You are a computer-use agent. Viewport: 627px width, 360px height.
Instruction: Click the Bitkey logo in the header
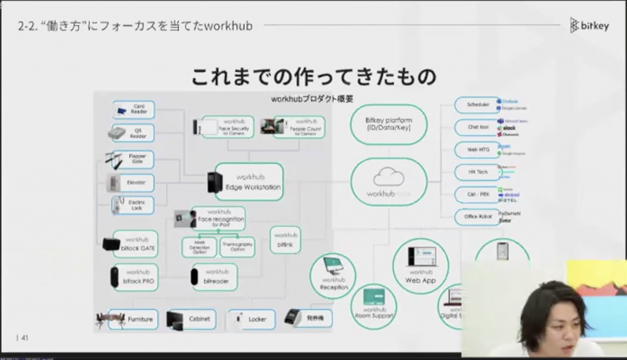pos(589,25)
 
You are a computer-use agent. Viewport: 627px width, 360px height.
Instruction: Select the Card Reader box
pos(134,110)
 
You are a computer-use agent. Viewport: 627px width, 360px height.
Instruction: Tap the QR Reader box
pos(134,133)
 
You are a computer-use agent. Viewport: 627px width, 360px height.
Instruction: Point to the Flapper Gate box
pos(134,159)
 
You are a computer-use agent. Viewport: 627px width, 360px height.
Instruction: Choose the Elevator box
pos(134,182)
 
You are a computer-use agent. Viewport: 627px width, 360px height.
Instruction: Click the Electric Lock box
pos(134,206)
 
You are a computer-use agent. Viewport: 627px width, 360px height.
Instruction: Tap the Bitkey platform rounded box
pos(388,124)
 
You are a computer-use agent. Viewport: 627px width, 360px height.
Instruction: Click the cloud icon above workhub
pos(388,178)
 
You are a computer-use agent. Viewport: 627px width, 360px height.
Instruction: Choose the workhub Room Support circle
pos(374,306)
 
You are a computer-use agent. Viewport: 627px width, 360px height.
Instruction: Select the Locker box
pos(252,319)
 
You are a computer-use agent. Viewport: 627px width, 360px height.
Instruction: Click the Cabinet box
pos(192,319)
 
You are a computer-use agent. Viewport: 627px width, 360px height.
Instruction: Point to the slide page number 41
pos(25,337)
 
